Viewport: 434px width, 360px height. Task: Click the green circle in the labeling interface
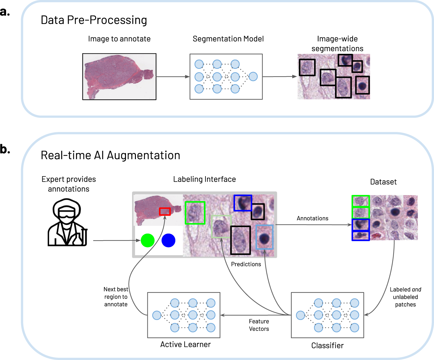147,241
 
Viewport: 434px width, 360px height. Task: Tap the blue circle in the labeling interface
168,241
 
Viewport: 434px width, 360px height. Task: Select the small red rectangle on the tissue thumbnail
165,211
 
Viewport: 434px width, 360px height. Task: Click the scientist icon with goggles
67,222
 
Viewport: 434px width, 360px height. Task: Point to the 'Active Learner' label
185,345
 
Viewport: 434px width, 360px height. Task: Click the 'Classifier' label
327,346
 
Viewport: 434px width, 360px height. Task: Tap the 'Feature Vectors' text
259,325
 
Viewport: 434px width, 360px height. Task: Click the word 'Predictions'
246,264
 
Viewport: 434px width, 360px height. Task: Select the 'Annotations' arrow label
312,218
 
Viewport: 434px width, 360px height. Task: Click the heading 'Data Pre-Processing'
94,20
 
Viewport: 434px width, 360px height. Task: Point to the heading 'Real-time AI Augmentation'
110,155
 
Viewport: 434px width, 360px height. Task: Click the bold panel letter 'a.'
5,12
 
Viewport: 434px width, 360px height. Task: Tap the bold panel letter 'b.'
5,149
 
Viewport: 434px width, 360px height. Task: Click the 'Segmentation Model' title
228,39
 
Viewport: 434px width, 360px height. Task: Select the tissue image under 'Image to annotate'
119,77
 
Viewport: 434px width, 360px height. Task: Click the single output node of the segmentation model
253,77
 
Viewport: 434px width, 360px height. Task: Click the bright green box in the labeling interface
195,213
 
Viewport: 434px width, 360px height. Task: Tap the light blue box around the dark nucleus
264,237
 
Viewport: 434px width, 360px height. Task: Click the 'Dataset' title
383,182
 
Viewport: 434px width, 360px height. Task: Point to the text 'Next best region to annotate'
116,297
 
